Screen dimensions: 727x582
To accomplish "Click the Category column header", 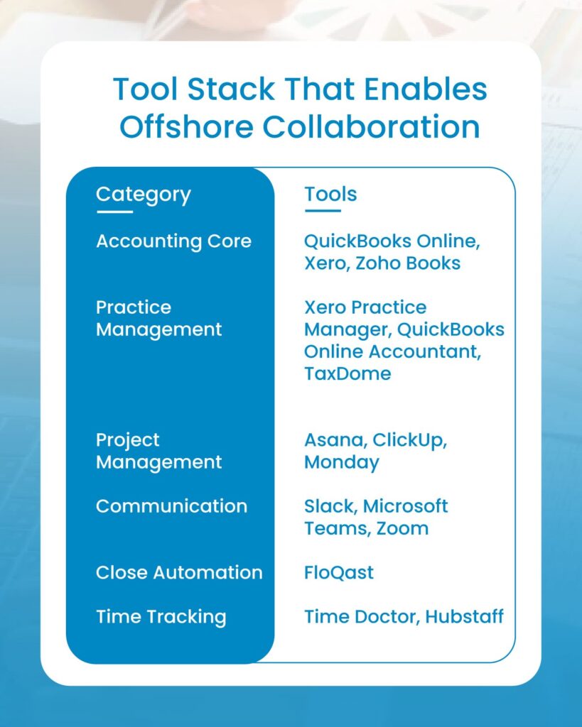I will [143, 195].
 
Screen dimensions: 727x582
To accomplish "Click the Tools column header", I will [330, 195].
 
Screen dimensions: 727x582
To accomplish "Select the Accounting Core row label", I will [173, 241].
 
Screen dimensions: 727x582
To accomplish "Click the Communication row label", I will [171, 506].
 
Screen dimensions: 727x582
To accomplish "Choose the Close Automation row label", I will [179, 573].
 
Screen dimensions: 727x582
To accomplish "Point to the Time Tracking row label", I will [161, 617].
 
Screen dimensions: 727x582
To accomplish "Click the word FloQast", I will [339, 573].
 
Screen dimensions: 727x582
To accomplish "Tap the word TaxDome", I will [347, 374].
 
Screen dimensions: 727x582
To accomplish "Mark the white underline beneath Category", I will [114, 212].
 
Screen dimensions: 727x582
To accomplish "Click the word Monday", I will [342, 462].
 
